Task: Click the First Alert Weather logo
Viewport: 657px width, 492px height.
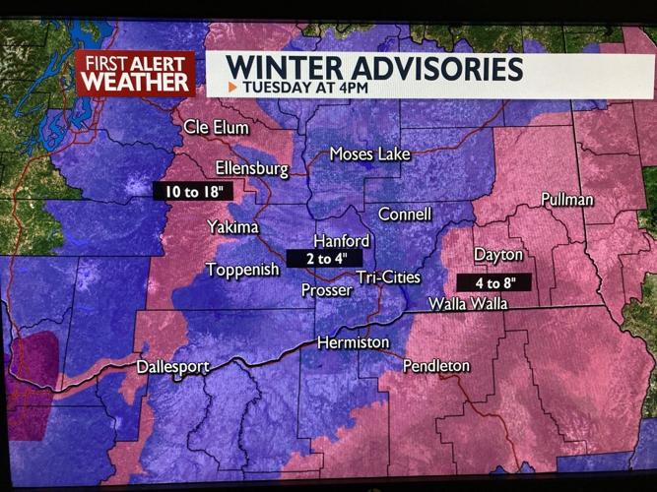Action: (135, 74)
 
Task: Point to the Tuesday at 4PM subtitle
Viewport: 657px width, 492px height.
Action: (301, 88)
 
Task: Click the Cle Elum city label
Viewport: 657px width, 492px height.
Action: (216, 128)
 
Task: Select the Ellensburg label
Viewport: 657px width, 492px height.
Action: (251, 168)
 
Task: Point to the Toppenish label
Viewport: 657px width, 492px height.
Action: (242, 269)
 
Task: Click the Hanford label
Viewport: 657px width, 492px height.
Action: (341, 241)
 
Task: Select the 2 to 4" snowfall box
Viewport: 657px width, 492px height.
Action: (317, 259)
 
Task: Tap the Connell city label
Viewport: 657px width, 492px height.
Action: (405, 214)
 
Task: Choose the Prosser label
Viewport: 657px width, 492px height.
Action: (326, 290)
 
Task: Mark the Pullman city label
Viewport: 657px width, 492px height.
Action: (567, 200)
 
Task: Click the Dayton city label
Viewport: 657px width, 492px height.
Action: (497, 255)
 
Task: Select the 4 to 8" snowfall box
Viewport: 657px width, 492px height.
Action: (493, 282)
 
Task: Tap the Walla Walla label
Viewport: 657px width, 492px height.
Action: (467, 304)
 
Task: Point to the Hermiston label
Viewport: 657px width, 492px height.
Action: (353, 342)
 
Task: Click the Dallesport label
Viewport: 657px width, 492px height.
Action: (172, 367)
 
